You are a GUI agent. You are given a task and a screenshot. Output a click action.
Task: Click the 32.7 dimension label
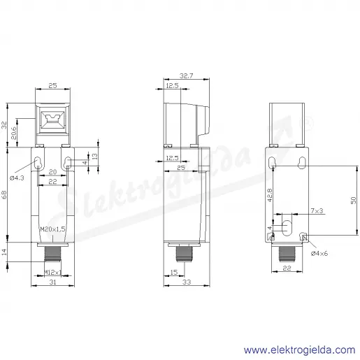(186, 75)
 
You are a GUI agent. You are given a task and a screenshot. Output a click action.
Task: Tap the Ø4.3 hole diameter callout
(17, 178)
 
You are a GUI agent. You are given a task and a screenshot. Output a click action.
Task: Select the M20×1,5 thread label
(52, 229)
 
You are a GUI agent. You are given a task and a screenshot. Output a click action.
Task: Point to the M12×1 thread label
(53, 272)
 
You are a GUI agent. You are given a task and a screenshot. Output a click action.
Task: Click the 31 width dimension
(53, 282)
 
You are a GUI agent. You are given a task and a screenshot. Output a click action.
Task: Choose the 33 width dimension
(187, 282)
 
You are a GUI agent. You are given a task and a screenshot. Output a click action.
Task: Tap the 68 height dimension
(4, 194)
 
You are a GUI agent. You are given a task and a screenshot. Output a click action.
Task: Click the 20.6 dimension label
(14, 133)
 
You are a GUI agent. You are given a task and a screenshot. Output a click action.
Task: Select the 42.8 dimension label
(270, 195)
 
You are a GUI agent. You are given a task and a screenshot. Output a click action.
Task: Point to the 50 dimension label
(354, 201)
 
